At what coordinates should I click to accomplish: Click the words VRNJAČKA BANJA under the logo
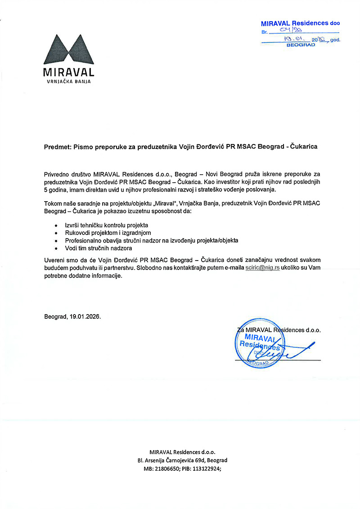click(x=69, y=82)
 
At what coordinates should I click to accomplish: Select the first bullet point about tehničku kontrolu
click(x=106, y=225)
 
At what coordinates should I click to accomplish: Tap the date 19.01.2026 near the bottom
click(x=85, y=316)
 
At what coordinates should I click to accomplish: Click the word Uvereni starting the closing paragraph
click(x=54, y=260)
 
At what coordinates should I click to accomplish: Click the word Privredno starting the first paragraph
click(x=57, y=174)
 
